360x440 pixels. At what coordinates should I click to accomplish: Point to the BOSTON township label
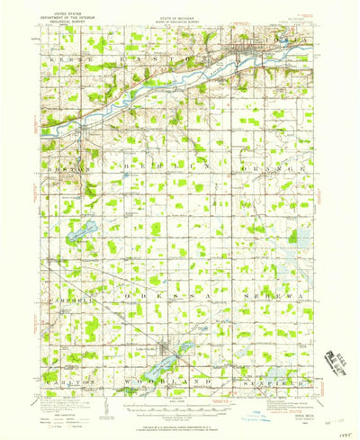point(65,166)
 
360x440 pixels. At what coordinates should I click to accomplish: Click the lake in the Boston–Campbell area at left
point(80,230)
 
